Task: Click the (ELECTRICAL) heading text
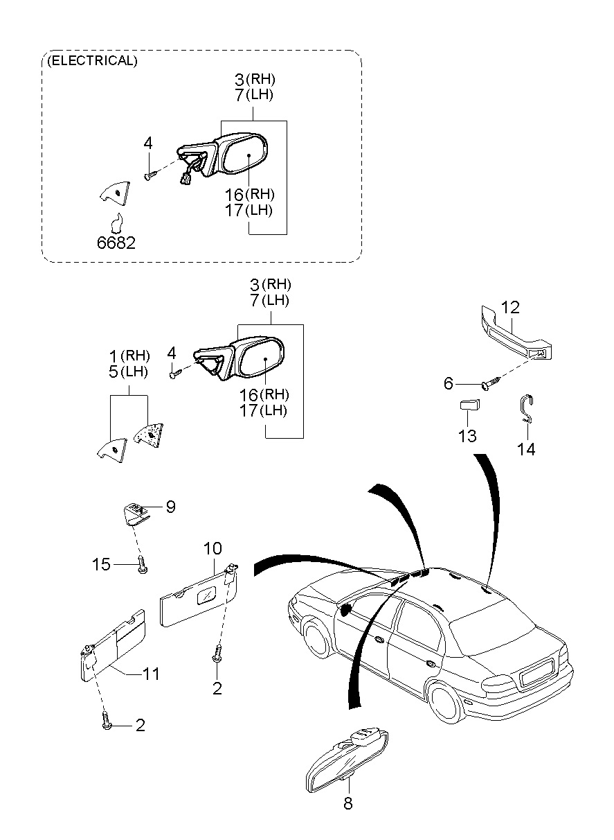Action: point(92,61)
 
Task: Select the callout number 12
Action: point(510,307)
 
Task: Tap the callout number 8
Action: point(347,803)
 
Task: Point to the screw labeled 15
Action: point(142,564)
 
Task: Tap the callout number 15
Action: point(102,564)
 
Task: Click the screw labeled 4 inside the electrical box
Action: point(149,175)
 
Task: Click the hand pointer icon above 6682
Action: point(118,222)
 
